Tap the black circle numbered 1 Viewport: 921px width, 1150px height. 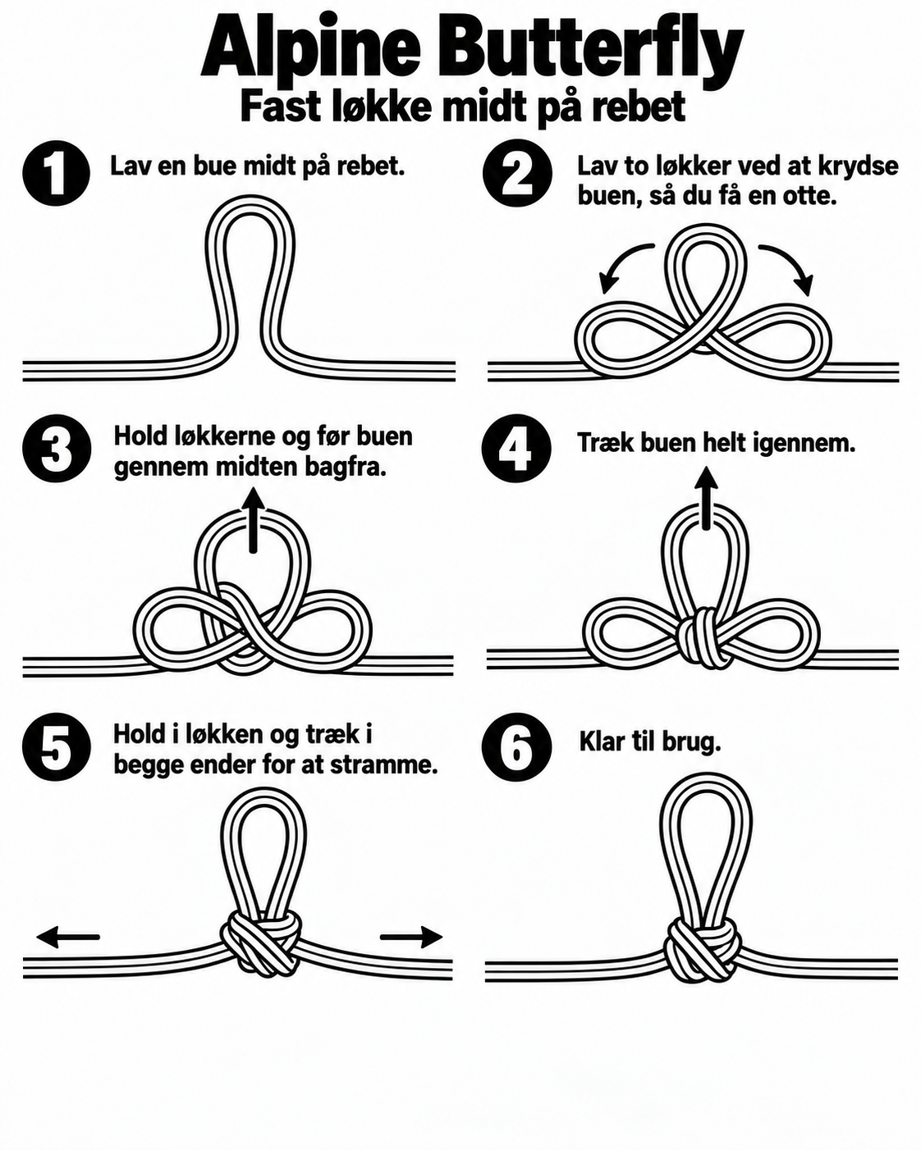pos(56,173)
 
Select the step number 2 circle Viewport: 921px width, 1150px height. pos(517,173)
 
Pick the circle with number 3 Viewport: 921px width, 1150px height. pos(57,449)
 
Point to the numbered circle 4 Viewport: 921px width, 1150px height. pos(516,449)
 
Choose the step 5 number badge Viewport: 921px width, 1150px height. pos(57,746)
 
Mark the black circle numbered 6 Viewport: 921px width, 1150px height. pos(516,746)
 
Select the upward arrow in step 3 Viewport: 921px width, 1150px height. pos(254,519)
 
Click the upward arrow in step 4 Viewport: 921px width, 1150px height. pos(707,497)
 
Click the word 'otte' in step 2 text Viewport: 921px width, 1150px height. pos(809,197)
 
